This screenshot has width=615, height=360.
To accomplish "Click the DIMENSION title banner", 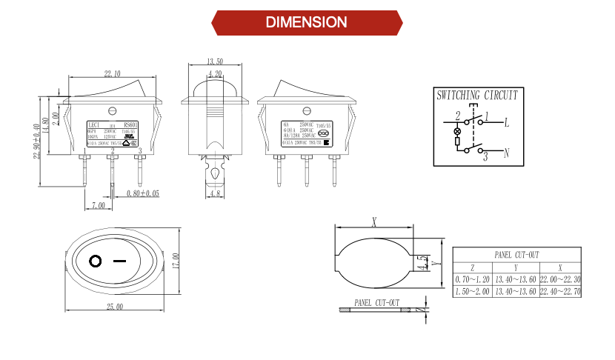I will click(x=307, y=22).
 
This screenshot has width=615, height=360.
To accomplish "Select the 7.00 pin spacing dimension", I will click(x=97, y=204).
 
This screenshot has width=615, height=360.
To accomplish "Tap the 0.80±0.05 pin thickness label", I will click(x=143, y=193).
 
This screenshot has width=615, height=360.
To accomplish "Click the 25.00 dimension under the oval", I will click(x=114, y=307).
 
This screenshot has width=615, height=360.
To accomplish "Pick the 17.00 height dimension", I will click(x=176, y=261).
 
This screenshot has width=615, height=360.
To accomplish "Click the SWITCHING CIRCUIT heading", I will click(x=476, y=96).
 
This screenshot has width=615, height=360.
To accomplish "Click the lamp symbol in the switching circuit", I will click(x=456, y=130).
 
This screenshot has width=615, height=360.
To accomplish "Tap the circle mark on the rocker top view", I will click(x=95, y=261).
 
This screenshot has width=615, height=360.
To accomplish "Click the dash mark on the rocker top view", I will click(x=119, y=261).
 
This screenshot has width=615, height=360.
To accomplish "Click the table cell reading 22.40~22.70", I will click(x=560, y=291).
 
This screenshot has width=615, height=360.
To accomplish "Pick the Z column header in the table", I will click(x=473, y=267).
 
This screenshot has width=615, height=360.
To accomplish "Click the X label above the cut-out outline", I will click(x=374, y=221).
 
